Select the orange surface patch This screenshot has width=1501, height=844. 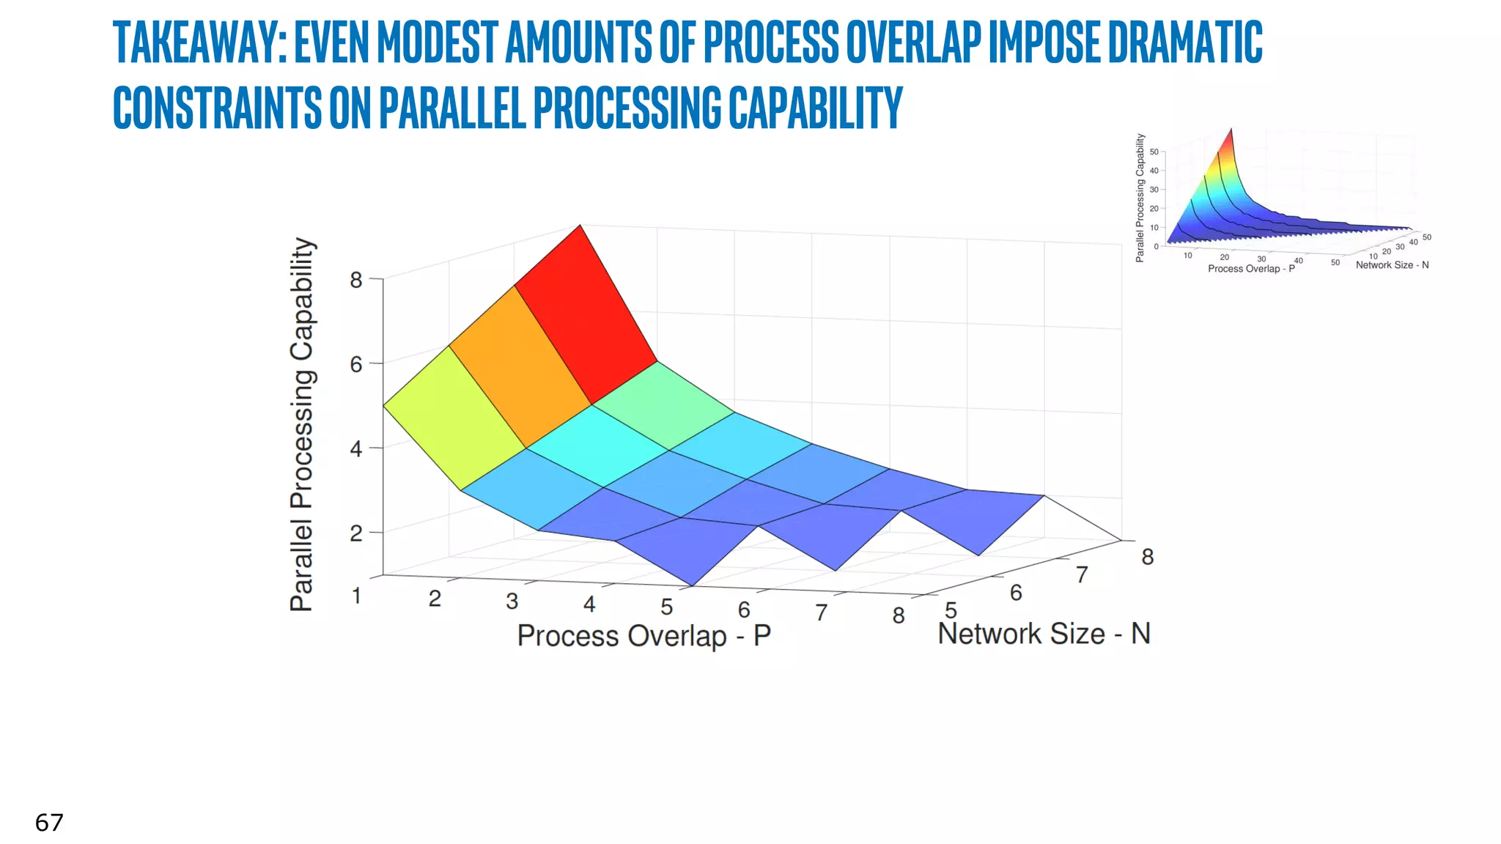(x=519, y=366)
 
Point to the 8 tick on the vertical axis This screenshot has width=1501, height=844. (x=356, y=280)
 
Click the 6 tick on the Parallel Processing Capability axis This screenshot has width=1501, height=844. (x=356, y=364)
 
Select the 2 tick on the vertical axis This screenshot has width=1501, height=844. (x=356, y=533)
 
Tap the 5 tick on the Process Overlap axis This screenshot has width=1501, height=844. (x=666, y=607)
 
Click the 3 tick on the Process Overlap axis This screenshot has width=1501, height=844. (x=512, y=601)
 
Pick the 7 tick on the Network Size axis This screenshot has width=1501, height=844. (x=1082, y=575)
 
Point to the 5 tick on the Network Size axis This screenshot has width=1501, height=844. (x=951, y=610)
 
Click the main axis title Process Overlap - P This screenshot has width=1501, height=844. (x=643, y=636)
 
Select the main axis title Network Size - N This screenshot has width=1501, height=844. (x=1044, y=634)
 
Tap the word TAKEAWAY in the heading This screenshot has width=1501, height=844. (x=198, y=42)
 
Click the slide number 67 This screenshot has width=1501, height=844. (x=49, y=823)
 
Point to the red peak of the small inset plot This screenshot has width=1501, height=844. (x=1230, y=139)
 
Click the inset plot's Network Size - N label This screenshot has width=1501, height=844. (x=1392, y=265)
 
